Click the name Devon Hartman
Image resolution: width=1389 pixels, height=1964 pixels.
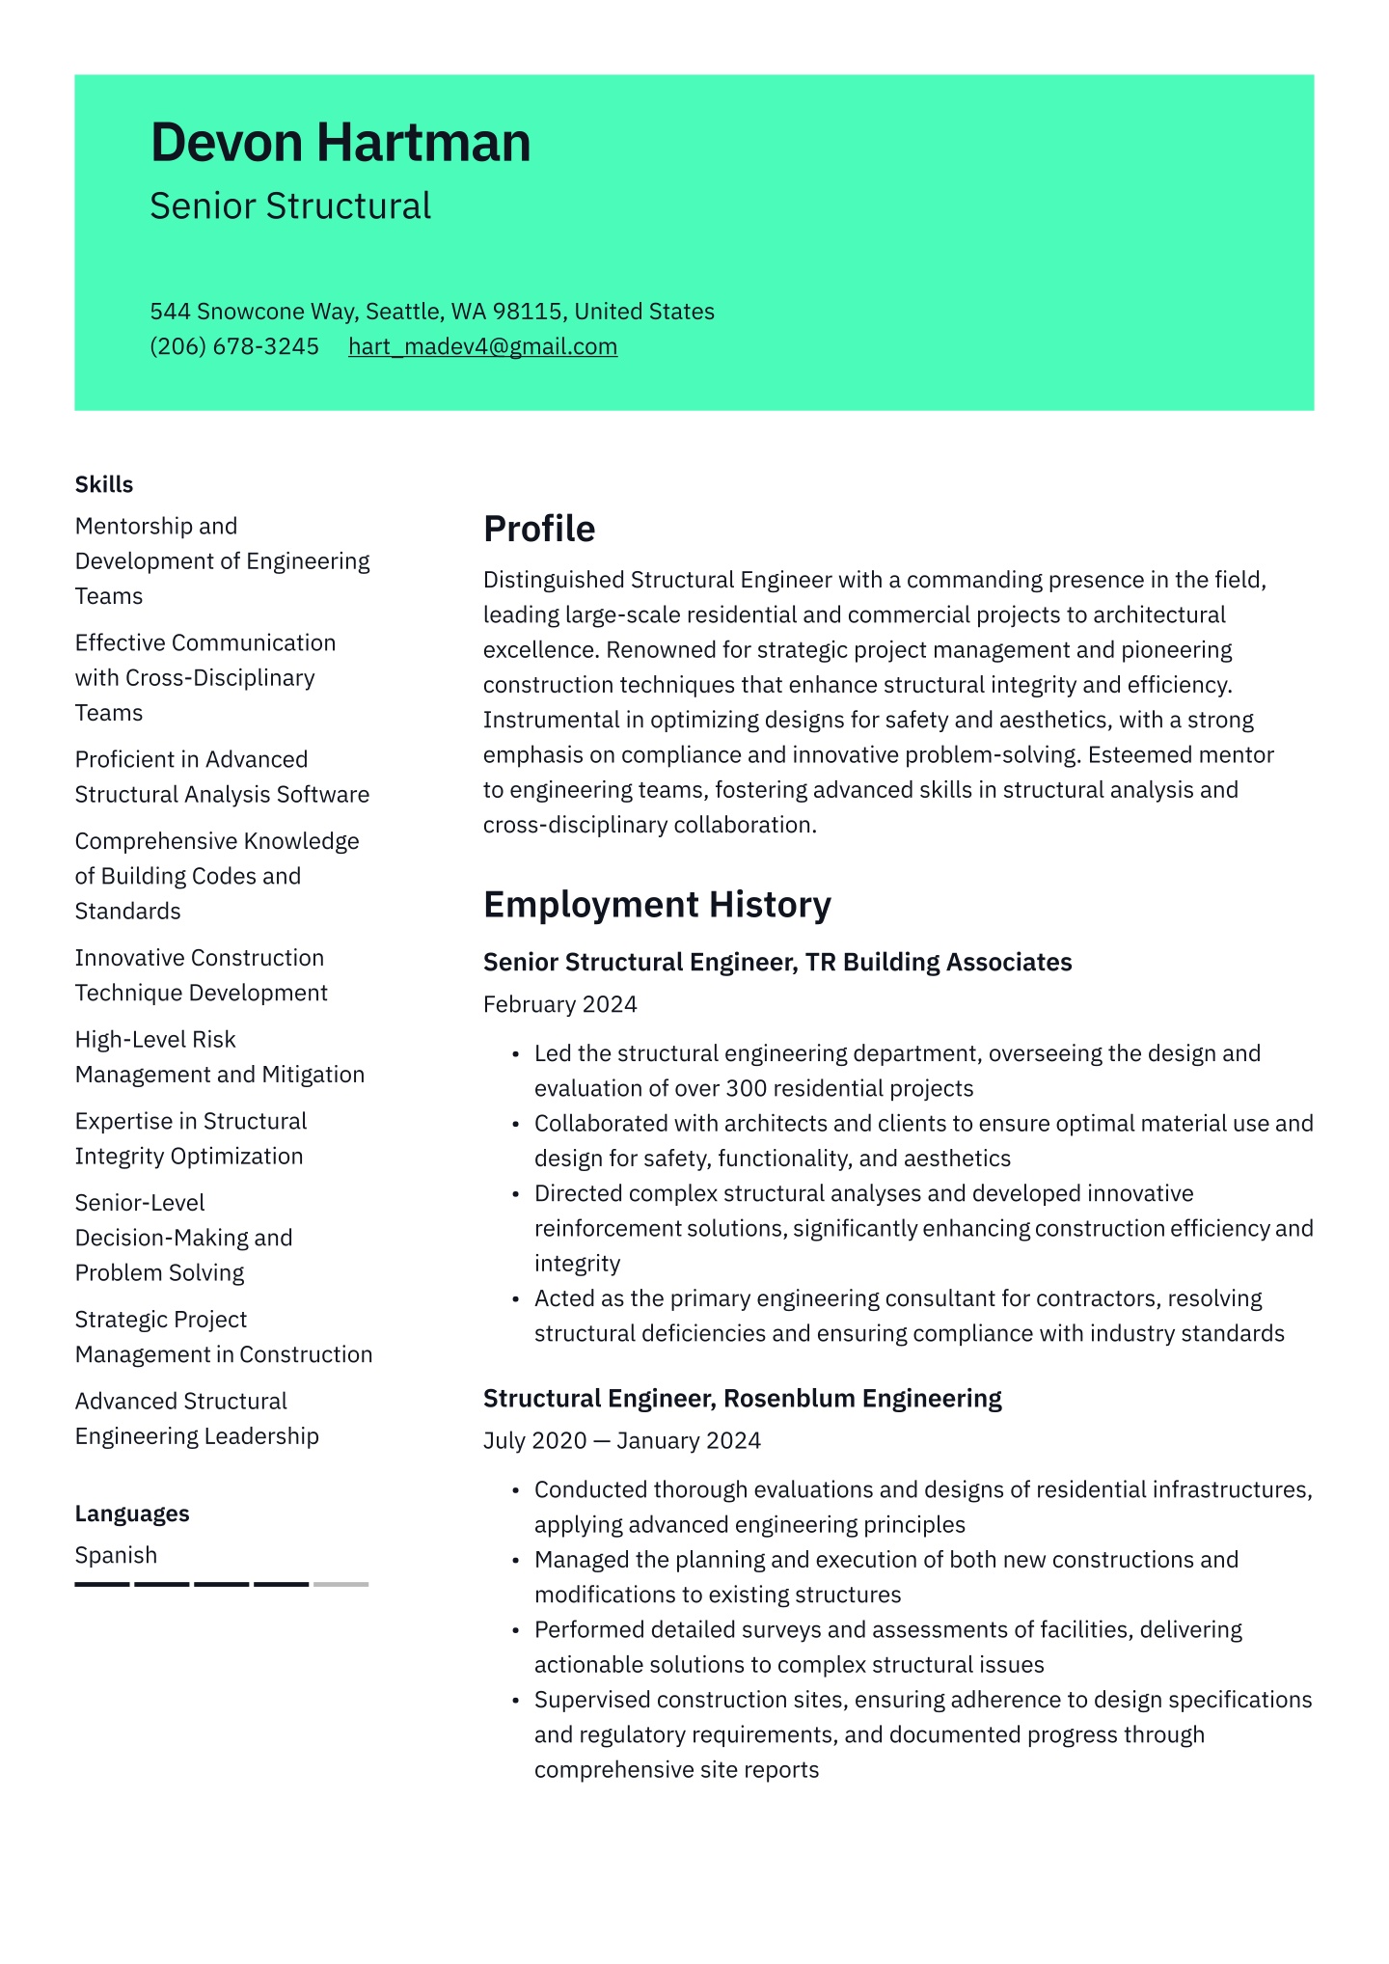point(340,143)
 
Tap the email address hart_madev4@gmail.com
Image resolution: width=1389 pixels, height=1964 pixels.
point(482,346)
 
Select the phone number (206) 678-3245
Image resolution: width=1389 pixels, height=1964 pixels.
point(234,346)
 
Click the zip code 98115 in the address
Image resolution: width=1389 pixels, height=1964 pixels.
point(527,312)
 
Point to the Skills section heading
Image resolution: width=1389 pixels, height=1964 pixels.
point(104,484)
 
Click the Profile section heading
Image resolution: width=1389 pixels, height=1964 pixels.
point(538,529)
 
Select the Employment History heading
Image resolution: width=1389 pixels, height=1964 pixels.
point(656,905)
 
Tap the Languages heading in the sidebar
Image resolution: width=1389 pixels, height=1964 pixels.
point(132,1514)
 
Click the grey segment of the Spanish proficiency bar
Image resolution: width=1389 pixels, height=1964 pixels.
point(340,1584)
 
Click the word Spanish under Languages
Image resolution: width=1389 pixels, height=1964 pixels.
point(116,1555)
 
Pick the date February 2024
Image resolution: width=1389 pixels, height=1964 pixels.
point(559,1004)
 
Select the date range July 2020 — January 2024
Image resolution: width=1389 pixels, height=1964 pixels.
point(621,1440)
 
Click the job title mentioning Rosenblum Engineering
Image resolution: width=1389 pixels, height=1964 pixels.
point(742,1398)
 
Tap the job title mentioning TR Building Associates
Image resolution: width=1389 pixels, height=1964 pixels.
point(776,962)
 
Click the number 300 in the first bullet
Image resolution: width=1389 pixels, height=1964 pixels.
point(746,1088)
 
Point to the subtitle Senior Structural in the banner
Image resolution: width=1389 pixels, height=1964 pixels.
point(290,206)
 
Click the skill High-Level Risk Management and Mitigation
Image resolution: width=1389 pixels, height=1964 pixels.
point(219,1057)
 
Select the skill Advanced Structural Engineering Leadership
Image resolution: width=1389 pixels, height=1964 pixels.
point(196,1418)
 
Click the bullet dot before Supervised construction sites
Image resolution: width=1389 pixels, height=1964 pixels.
point(516,1701)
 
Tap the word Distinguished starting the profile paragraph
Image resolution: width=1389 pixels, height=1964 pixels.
point(553,580)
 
